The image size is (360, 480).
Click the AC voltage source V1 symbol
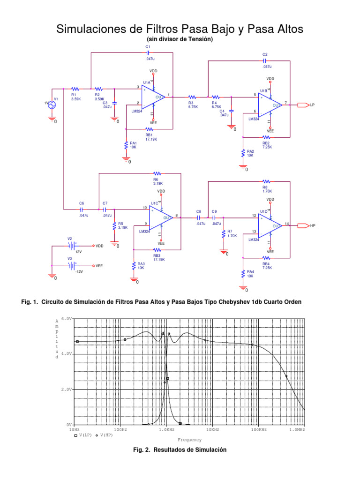[51, 105]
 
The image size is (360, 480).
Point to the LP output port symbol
[303, 105]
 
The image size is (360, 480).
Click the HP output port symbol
[303, 225]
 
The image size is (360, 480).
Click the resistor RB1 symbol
[150, 129]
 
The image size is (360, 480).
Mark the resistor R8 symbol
[266, 181]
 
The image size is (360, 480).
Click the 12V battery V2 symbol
[72, 245]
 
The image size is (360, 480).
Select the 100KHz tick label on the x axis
[257, 429]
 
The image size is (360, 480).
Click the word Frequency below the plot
[189, 440]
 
